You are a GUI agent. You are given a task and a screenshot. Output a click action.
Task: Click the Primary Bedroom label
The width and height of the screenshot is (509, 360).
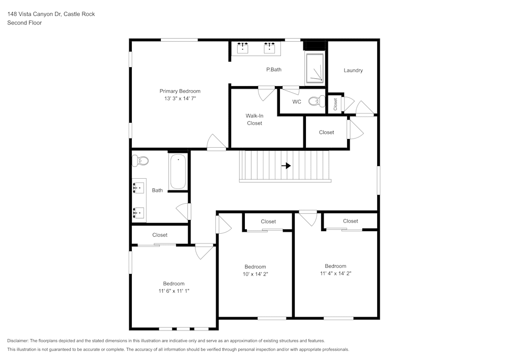pos(180,91)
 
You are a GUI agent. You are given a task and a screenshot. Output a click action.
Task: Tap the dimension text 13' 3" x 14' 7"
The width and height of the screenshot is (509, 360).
pos(180,98)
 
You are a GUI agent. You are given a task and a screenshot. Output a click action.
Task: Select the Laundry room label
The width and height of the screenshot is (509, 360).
pos(353,70)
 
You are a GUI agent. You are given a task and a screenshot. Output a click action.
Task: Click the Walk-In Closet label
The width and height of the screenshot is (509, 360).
pos(254,119)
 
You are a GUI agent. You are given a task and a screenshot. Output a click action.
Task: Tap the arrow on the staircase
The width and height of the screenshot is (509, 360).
pos(286,165)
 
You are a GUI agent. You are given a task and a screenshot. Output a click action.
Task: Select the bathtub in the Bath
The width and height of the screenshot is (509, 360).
pos(178,172)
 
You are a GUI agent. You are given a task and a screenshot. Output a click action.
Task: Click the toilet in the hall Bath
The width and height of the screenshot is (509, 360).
pos(140,161)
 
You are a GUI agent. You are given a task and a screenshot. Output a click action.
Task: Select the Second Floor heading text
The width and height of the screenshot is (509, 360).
pos(24,23)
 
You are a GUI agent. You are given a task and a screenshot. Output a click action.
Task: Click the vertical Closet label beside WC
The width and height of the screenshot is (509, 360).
pos(335,104)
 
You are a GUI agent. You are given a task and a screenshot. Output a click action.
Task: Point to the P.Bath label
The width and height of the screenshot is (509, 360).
pos(273,70)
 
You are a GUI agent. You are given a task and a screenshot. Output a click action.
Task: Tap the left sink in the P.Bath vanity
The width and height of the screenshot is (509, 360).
pos(242,48)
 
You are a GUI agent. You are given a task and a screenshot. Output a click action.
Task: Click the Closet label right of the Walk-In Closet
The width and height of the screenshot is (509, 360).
pos(326,132)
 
